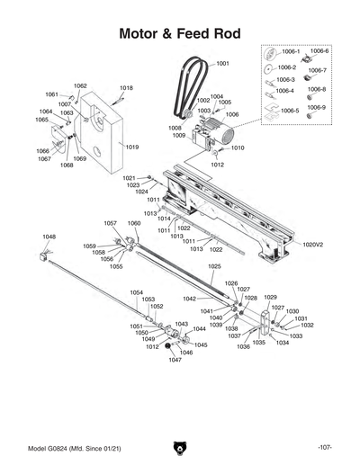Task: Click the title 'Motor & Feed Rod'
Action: [x=180, y=33]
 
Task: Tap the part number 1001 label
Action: [x=222, y=64]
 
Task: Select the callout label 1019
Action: [x=131, y=147]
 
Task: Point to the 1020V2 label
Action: [x=312, y=244]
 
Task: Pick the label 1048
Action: [x=49, y=237]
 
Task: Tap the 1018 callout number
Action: [x=126, y=88]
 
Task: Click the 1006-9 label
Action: [x=319, y=107]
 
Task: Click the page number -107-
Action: [x=325, y=448]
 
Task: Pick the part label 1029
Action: [x=270, y=297]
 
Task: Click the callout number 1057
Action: [x=110, y=223]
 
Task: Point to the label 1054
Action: [x=136, y=292]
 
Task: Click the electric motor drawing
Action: [x=219, y=136]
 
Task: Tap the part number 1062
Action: [x=80, y=85]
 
